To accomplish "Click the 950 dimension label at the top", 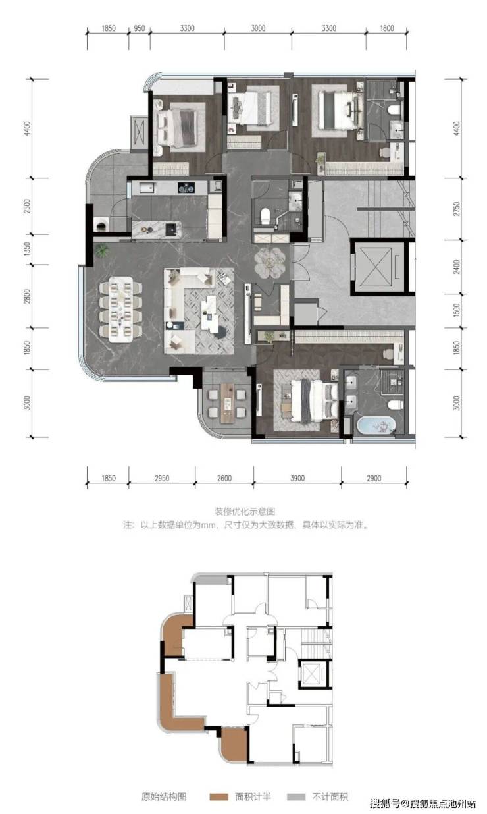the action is (139, 28).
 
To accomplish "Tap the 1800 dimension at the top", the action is (387, 28).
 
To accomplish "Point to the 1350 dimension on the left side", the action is (27, 250).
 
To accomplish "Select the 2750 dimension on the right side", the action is (457, 209).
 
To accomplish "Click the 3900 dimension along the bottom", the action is (297, 479).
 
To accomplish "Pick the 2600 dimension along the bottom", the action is (224, 479).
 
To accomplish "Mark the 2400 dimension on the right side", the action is (457, 267).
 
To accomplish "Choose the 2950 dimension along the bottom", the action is (162, 479).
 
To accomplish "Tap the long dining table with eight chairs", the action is (121, 310).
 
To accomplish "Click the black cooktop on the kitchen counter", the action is (186, 188).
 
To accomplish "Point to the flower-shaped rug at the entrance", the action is (270, 262).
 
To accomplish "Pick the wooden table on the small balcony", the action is (228, 403).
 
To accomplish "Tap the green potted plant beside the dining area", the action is (102, 250).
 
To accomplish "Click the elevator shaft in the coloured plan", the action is (378, 267).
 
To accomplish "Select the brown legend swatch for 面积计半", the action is (219, 797).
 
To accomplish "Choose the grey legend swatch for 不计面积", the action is (296, 797).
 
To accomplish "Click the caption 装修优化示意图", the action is (244, 512).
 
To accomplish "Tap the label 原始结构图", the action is (164, 797).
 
